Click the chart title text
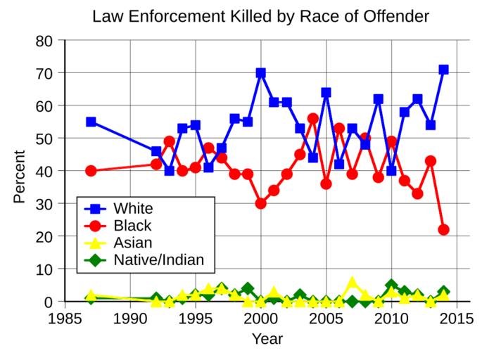(x=260, y=15)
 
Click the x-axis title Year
(x=267, y=340)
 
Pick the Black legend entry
(x=137, y=226)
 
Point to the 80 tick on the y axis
(x=44, y=41)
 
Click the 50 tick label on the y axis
(x=44, y=139)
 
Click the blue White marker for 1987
(x=91, y=122)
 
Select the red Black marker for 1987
(x=91, y=171)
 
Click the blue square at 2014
(x=443, y=70)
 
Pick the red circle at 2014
(x=443, y=230)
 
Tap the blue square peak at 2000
(x=261, y=72)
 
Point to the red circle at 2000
(x=261, y=203)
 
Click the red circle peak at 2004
(x=313, y=119)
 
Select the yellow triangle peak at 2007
(x=353, y=283)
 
